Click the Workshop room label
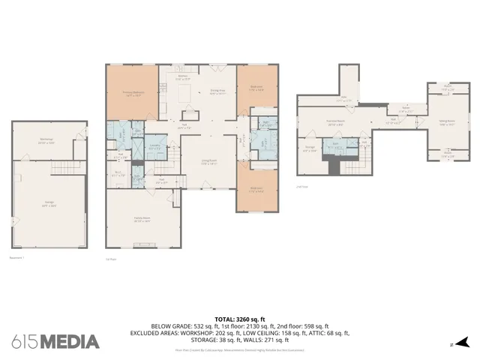46,139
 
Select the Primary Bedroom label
132,94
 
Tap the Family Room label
142,220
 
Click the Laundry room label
156,146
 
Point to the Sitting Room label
448,123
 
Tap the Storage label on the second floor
310,148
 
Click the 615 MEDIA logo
55,341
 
